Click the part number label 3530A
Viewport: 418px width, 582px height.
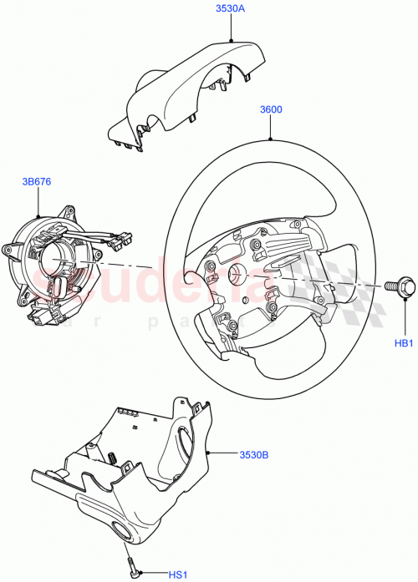229,9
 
